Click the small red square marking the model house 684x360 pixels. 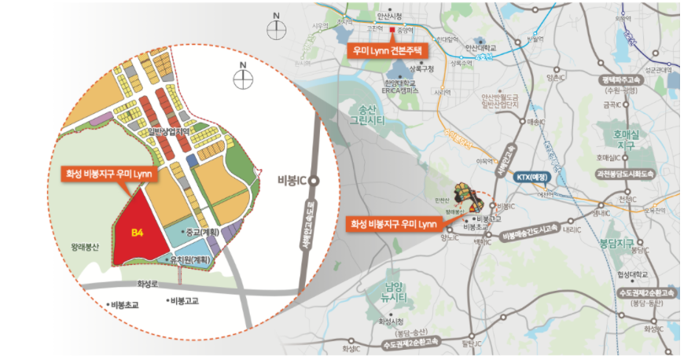coord(392,31)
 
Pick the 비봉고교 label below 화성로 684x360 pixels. coord(182,300)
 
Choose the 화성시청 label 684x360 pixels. coord(390,321)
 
